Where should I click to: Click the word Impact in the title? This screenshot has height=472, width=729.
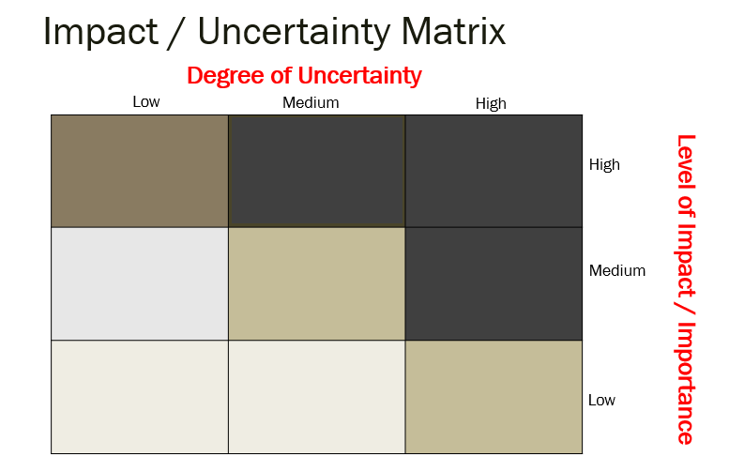coord(99,32)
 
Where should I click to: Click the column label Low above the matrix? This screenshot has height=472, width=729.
coord(146,101)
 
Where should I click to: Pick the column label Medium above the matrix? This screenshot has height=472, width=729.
coord(311,102)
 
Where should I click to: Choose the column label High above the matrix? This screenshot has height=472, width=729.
coord(491,103)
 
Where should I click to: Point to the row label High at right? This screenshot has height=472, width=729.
coord(604,165)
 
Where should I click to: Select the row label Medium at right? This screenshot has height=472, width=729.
coord(617,271)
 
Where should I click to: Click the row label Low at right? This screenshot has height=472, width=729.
coord(601,401)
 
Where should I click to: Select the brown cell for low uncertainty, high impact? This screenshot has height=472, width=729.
coord(140,171)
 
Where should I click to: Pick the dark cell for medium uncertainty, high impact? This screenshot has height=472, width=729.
coord(317,171)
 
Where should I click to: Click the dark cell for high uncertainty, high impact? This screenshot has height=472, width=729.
coord(494,171)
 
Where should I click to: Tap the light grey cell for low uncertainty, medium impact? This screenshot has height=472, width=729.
coord(140,283)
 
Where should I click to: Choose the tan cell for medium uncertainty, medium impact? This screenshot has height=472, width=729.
coord(317,283)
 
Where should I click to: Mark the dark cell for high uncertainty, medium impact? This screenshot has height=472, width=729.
coord(494,283)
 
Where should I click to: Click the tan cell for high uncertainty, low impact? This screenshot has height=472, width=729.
coord(494,396)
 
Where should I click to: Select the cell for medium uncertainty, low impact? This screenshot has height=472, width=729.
coord(317,396)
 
